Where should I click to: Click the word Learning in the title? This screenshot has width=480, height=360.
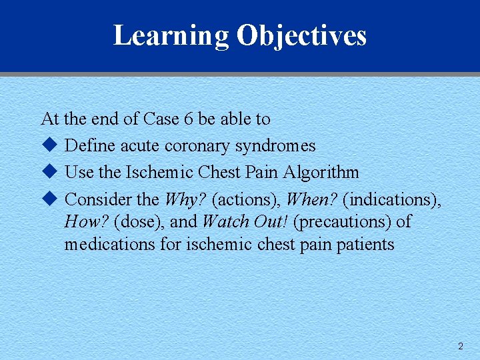[171, 35]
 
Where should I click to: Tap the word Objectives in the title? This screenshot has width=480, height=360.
[301, 35]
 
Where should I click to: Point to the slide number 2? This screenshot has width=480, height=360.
[460, 346]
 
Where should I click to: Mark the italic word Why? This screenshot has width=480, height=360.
[185, 199]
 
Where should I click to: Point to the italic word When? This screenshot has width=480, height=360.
[311, 199]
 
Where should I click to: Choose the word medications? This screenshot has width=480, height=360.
[110, 244]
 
